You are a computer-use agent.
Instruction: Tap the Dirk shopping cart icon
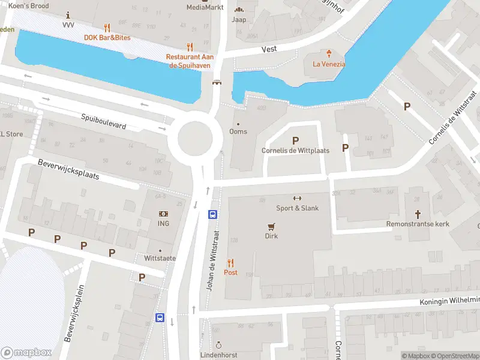click(x=272, y=226)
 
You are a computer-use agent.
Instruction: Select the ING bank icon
click(x=163, y=214)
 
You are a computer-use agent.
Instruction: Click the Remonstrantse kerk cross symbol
click(x=418, y=214)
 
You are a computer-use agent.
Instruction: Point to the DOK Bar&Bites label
click(x=107, y=38)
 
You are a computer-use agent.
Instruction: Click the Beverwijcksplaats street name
click(x=68, y=170)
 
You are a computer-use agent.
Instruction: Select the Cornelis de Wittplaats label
click(x=295, y=151)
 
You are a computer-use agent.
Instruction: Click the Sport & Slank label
click(x=297, y=208)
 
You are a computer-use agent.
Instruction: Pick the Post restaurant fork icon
click(x=230, y=262)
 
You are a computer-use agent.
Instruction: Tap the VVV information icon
click(x=68, y=14)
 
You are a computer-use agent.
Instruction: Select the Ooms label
click(x=238, y=131)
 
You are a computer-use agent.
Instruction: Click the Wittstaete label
click(x=160, y=258)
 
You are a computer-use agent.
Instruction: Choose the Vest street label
click(x=269, y=49)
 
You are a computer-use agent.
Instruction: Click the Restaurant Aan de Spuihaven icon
click(x=190, y=46)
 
